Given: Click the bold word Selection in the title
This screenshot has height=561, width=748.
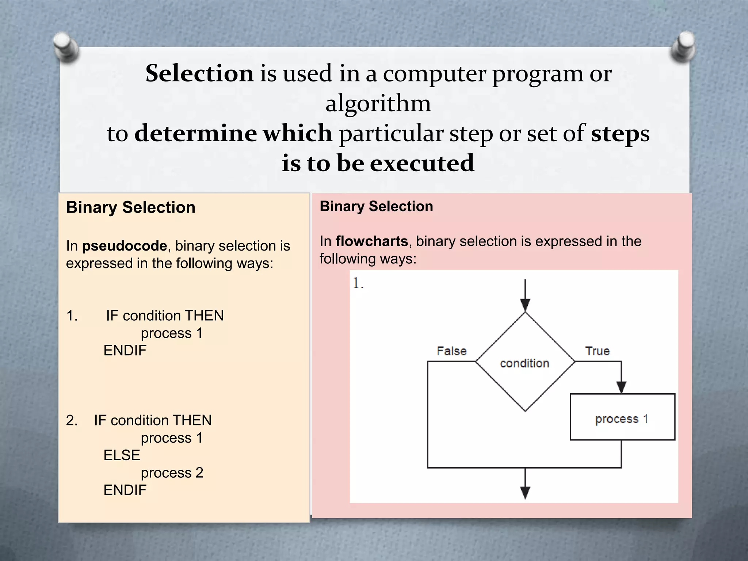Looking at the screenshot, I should point(199,73).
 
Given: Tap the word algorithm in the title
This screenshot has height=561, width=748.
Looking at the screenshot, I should point(378,103).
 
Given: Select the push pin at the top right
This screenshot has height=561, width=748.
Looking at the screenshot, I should point(683,46).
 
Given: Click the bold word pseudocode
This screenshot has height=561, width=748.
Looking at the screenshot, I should point(124,246).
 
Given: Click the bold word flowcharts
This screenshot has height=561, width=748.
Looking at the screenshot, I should point(371,241).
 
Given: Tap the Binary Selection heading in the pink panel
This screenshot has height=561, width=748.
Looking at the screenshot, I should point(376,206).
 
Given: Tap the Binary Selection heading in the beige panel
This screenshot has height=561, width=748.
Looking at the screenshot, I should point(130,207).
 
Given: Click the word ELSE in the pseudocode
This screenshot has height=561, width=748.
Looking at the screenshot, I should point(122,455).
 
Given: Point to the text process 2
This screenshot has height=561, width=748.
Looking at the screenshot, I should point(172,473).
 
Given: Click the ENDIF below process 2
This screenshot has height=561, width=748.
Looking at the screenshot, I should point(125,490).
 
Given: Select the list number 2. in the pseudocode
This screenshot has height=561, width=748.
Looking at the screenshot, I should point(72,420).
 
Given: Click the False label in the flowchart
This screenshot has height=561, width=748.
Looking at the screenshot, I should point(451,351).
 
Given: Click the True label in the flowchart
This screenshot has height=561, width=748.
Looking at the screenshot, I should point(597,351).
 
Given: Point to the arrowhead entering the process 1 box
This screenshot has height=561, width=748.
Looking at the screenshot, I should point(621,388).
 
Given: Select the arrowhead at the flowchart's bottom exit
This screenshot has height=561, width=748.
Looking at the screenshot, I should point(525,493).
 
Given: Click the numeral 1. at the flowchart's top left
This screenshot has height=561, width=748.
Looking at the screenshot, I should point(358,283).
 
